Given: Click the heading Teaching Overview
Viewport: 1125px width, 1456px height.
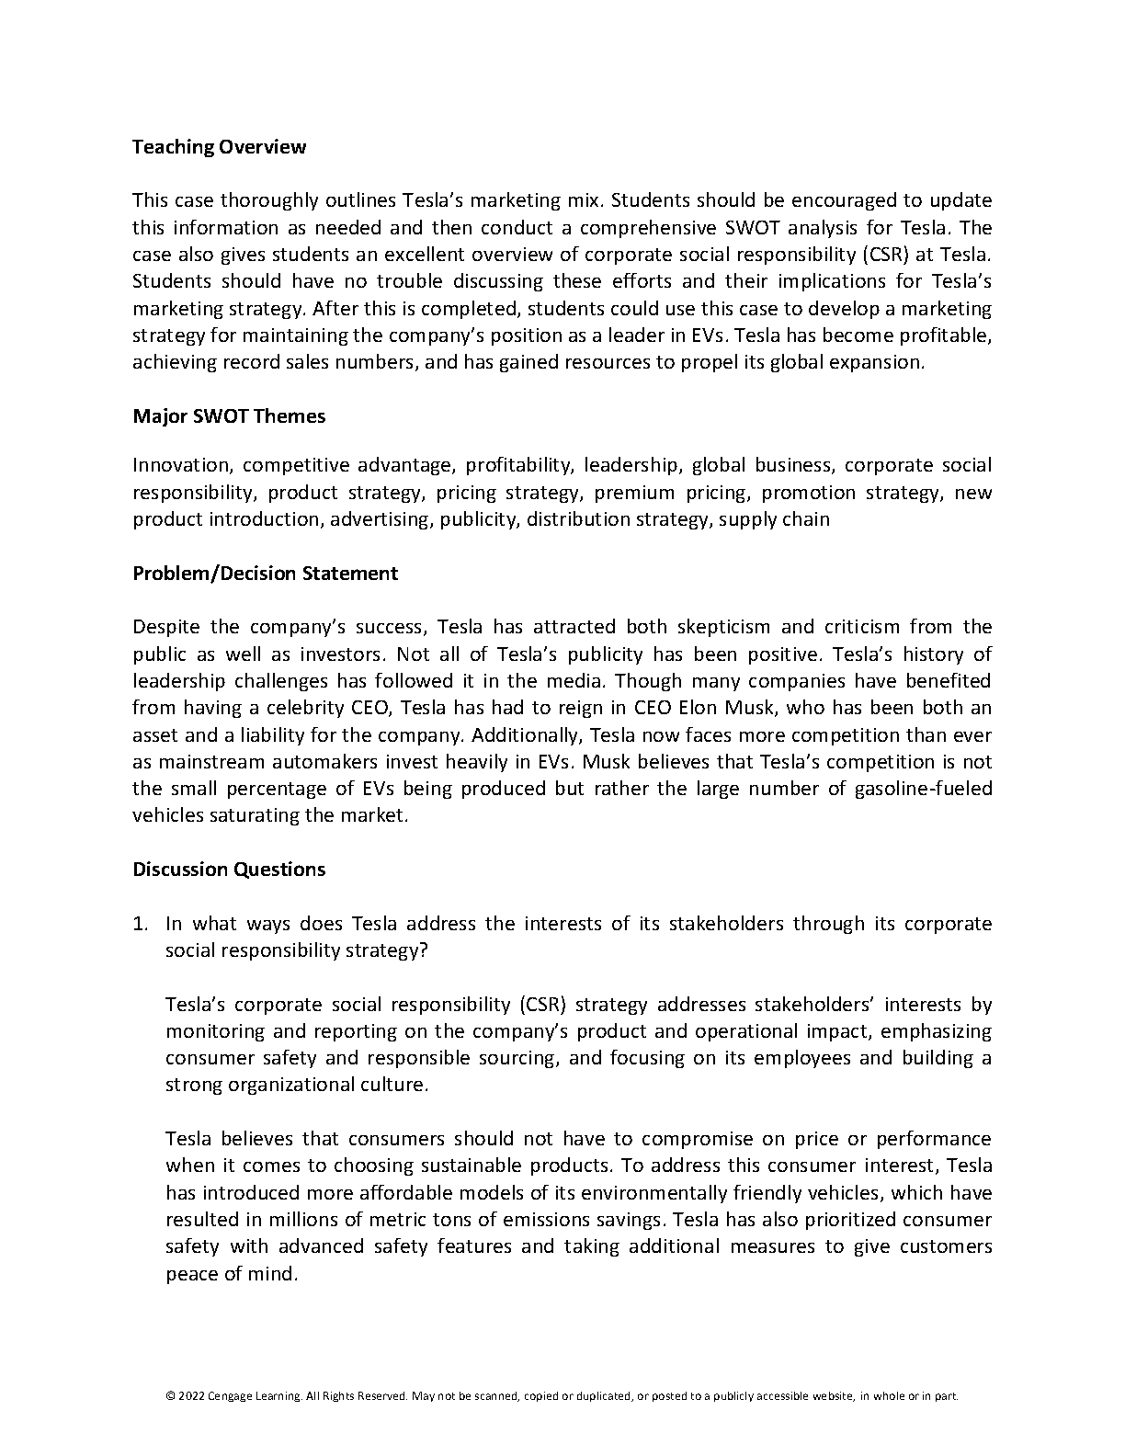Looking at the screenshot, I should click(x=219, y=147).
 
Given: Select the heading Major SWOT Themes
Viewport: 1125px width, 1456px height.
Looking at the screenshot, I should click(x=229, y=416).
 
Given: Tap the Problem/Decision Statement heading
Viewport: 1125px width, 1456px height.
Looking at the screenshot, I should click(x=265, y=574).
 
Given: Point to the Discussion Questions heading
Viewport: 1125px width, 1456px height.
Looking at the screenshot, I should click(x=229, y=870).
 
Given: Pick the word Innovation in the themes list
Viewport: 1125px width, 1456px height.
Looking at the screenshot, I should click(x=182, y=465).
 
